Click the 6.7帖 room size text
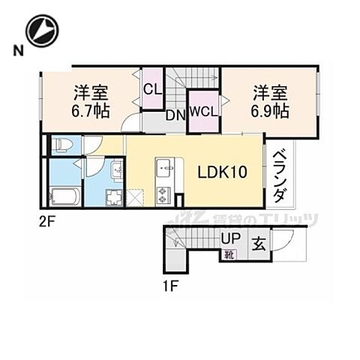[91, 111]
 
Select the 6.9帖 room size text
[271, 111]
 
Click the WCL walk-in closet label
[203, 112]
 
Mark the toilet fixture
[61, 145]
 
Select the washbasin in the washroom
[116, 171]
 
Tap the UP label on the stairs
[230, 239]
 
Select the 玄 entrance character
[258, 244]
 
